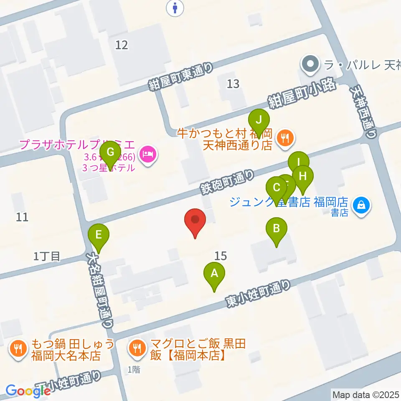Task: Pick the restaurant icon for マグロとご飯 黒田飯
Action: click(137, 347)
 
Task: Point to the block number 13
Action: click(233, 84)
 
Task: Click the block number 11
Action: click(22, 217)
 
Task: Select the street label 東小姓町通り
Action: click(258, 294)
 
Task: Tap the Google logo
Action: click(28, 391)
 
